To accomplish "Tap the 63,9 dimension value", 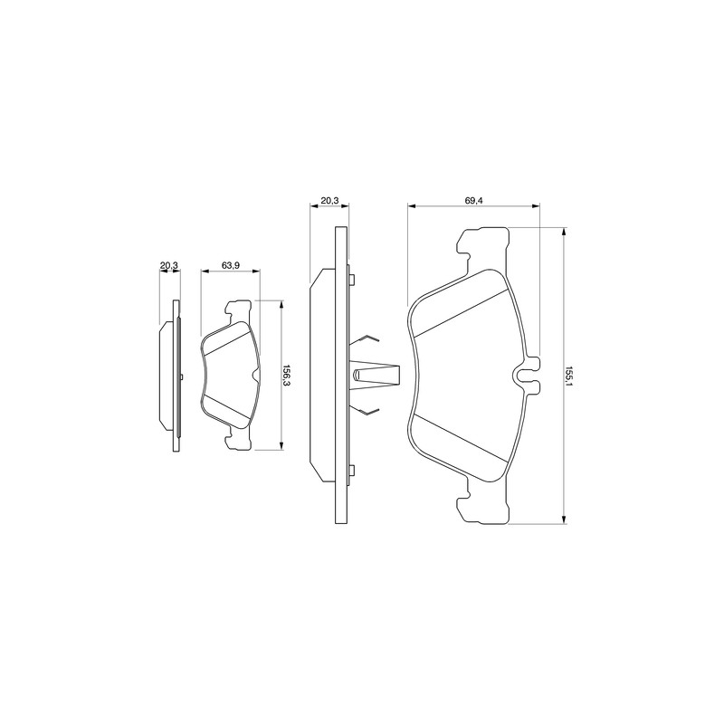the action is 230,265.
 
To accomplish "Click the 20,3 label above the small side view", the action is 168,265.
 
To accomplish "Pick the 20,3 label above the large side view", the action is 329,200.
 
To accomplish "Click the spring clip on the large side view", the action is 374,374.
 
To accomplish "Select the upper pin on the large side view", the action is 352,280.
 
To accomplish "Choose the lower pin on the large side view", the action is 352,471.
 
